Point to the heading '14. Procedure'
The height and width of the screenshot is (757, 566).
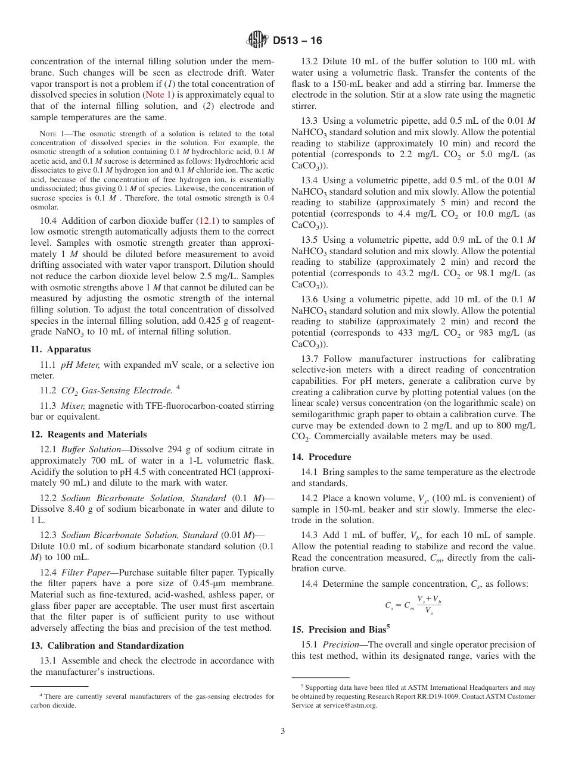321,457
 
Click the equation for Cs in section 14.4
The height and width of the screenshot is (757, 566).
413,605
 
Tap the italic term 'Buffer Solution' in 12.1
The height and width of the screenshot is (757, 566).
91,449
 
